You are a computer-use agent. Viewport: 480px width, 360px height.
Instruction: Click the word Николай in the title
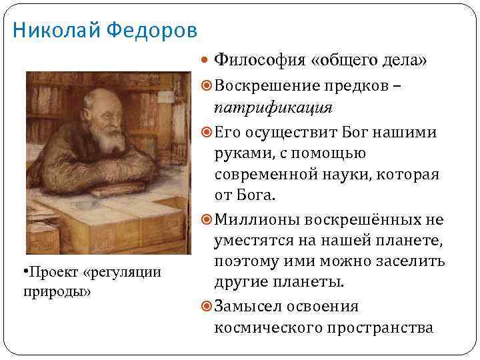(x=55, y=30)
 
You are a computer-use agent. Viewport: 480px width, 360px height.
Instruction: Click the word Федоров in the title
(x=151, y=30)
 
